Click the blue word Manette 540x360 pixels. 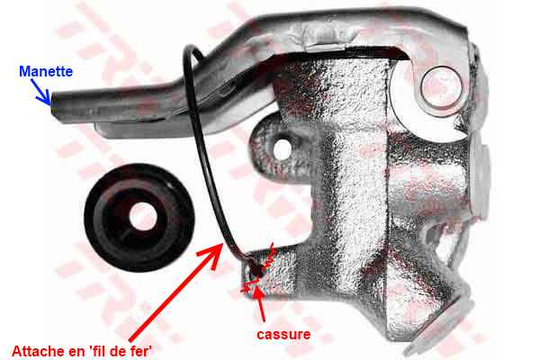point(46,72)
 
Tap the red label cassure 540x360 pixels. point(283,334)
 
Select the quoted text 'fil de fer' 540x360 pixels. point(119,352)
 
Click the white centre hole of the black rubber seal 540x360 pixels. point(143,216)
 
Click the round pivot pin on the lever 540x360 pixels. point(441,85)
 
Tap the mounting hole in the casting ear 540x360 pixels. point(282,149)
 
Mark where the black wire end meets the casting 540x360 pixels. point(256,271)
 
